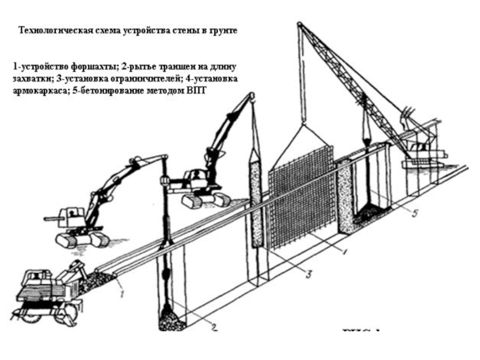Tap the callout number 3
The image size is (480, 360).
click(x=307, y=275)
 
